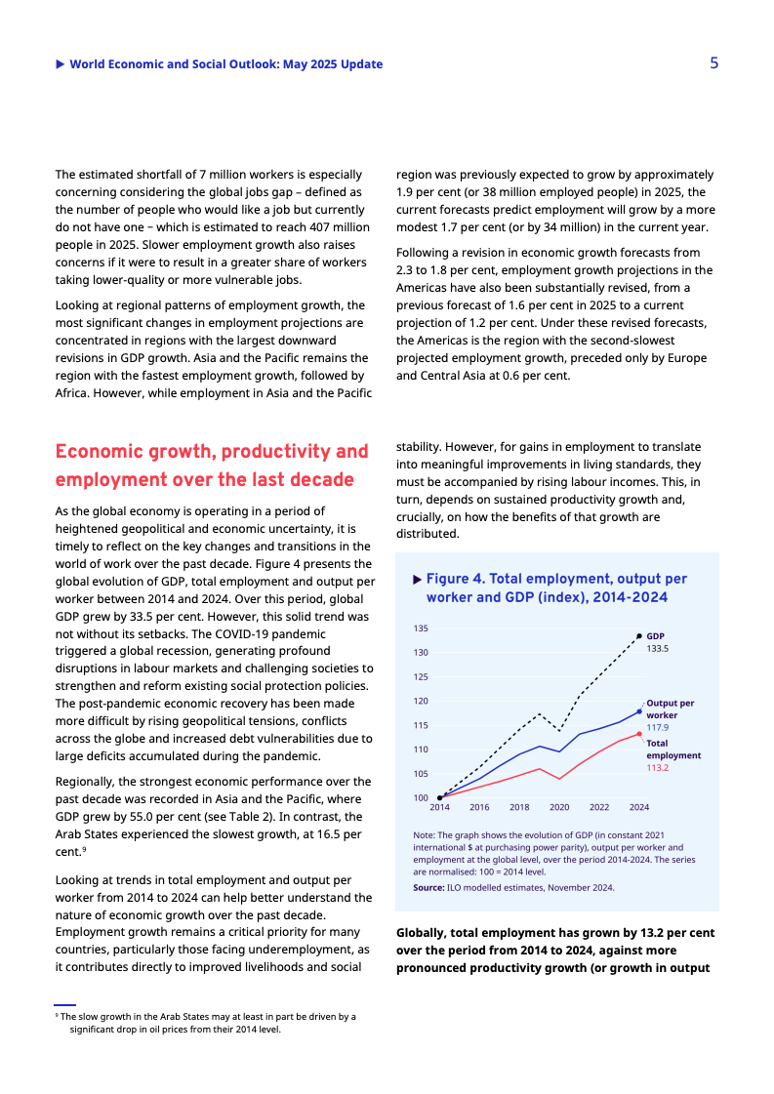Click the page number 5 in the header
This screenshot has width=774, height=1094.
(713, 63)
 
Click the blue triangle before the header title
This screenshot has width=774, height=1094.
(61, 64)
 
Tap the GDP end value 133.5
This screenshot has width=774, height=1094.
(657, 648)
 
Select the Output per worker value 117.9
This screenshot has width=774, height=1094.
(657, 727)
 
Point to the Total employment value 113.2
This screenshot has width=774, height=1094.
(657, 768)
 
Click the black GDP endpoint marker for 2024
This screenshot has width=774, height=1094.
(639, 636)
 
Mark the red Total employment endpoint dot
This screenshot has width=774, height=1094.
(639, 734)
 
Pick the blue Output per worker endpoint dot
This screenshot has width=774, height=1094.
(639, 711)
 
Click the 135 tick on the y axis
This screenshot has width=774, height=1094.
(421, 628)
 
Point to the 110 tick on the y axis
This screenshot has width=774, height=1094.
(421, 750)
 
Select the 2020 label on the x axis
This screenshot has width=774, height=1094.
(559, 808)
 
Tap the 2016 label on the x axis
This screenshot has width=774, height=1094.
(479, 808)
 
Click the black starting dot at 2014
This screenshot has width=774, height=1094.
(439, 797)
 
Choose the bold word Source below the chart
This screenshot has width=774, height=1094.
(428, 887)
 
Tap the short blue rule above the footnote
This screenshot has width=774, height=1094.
(64, 1004)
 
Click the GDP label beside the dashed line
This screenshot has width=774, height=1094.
(655, 635)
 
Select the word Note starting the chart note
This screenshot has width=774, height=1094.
(424, 835)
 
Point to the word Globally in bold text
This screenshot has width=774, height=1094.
(423, 933)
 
